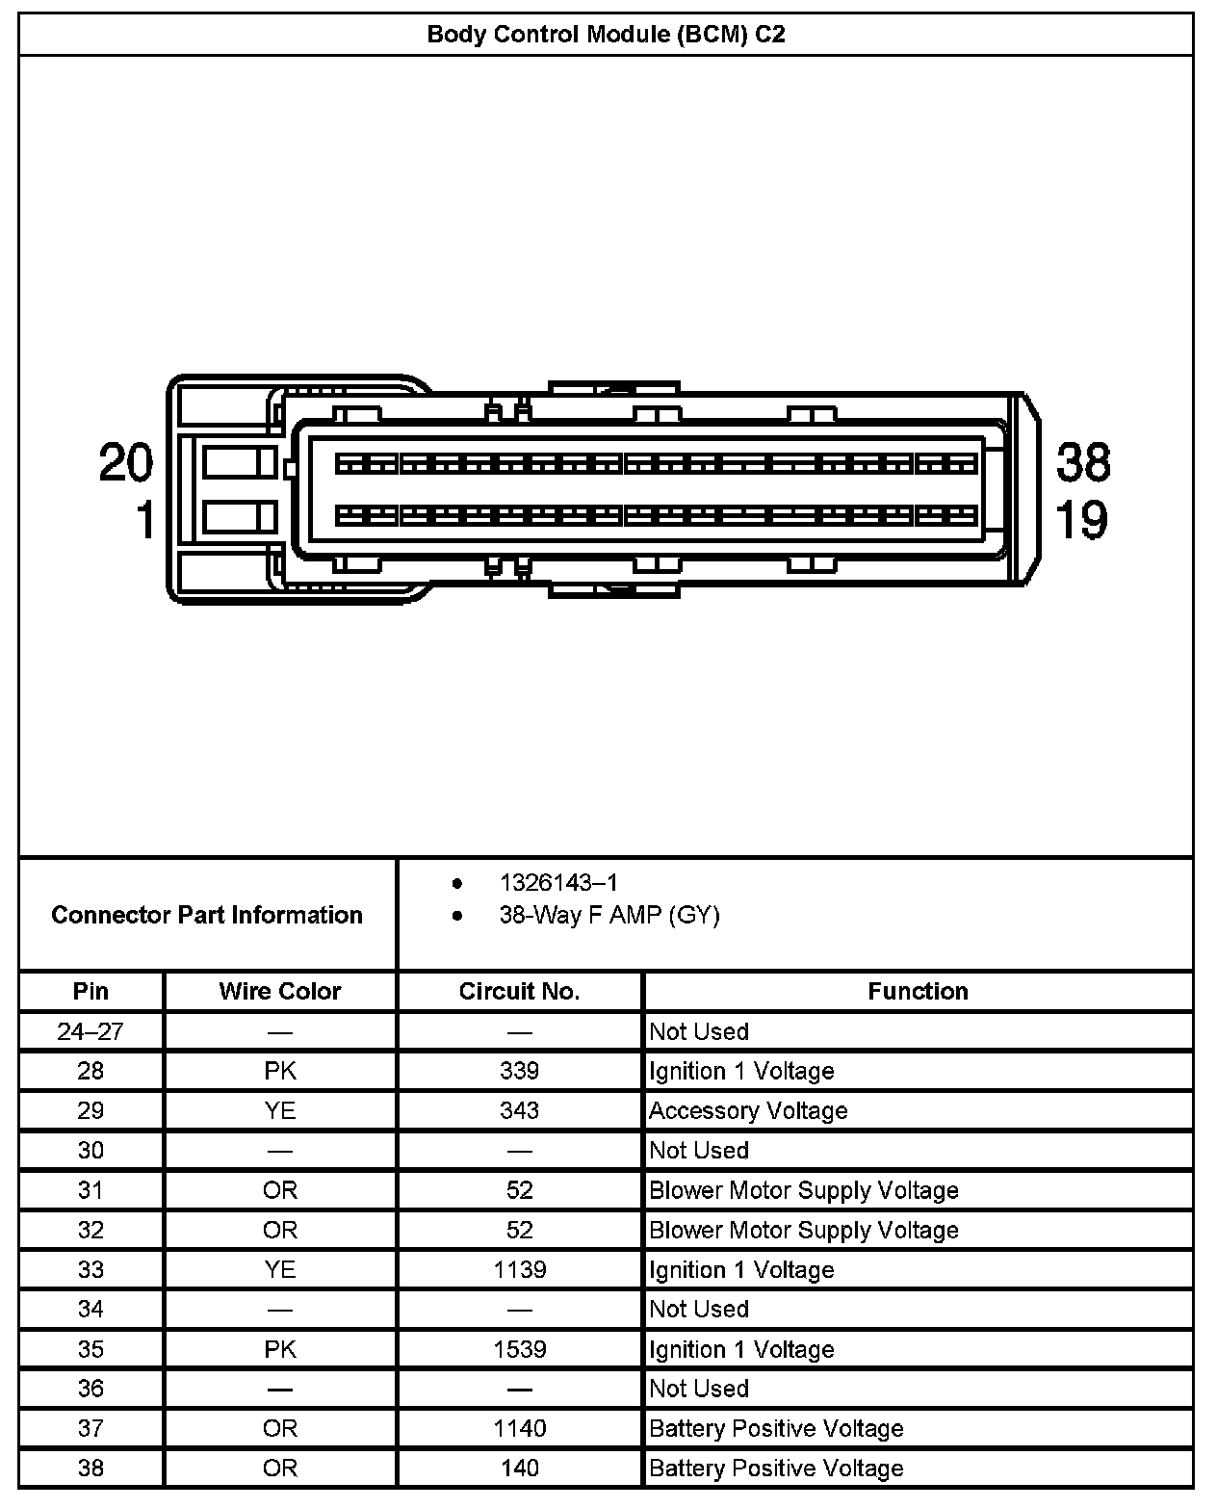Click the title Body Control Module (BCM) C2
point(606,35)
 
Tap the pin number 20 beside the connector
point(126,462)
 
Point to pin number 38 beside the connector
point(1083,462)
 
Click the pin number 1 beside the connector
point(144,520)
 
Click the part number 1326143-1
point(558,882)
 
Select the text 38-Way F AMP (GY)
point(608,915)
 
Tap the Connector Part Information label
point(207,915)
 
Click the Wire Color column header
point(280,991)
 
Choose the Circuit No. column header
point(519,991)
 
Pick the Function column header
point(918,991)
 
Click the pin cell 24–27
point(91,1031)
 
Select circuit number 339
point(520,1071)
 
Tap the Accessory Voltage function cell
point(748,1110)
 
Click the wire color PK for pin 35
point(280,1349)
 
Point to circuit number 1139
point(520,1269)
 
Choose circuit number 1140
point(520,1428)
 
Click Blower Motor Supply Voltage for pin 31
point(804,1190)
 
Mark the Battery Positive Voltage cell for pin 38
point(776,1468)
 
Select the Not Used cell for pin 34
point(699,1309)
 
